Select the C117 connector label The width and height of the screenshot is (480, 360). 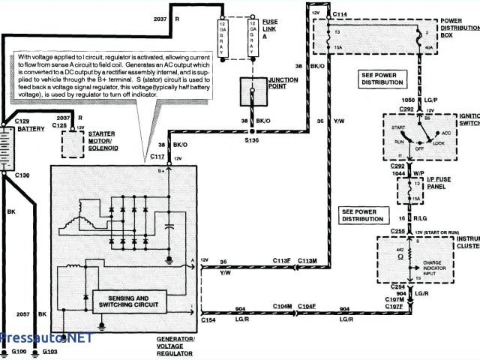coord(157,156)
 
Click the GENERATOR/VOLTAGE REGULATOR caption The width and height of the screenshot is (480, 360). coord(175,343)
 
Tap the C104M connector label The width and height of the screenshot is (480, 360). coord(282,307)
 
